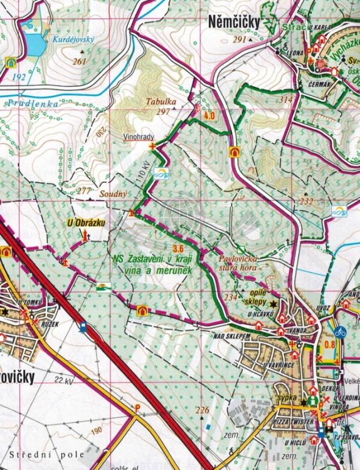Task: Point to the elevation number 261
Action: pos(79,61)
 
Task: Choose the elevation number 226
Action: pos(202,410)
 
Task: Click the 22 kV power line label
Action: pos(64,380)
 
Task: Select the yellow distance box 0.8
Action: pos(331,344)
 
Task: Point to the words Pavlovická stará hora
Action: pos(238,261)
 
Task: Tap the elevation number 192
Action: pos(19,77)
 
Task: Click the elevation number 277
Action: pos(85,191)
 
